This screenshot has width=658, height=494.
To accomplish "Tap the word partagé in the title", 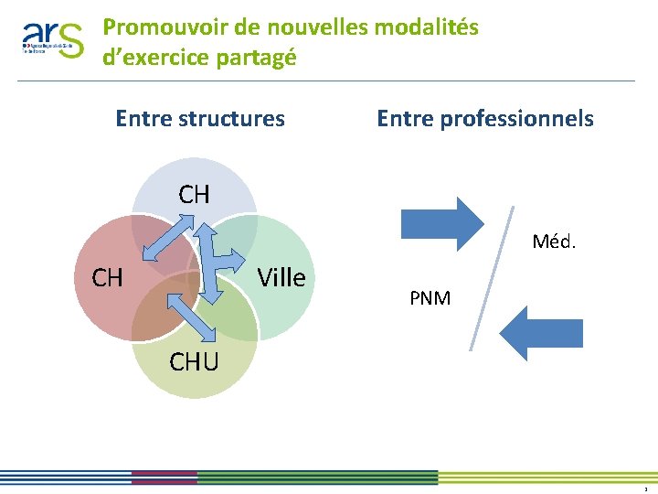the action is pos(257,57).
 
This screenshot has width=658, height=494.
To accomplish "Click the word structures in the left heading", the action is pos(234,118).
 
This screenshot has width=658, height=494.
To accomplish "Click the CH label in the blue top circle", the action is pos(195,194).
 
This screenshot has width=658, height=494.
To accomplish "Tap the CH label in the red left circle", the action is pos(108,277).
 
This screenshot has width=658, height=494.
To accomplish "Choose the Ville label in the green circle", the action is pos(281,277).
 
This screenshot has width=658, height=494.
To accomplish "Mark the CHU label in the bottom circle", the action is pos(194,362).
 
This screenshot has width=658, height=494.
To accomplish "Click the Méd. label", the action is pos(554,243).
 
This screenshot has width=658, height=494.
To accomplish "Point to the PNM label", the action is pos(430,298).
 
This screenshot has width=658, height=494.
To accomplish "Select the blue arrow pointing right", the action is pos(441,223).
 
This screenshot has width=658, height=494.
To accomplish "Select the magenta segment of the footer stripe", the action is pos(164,478).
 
